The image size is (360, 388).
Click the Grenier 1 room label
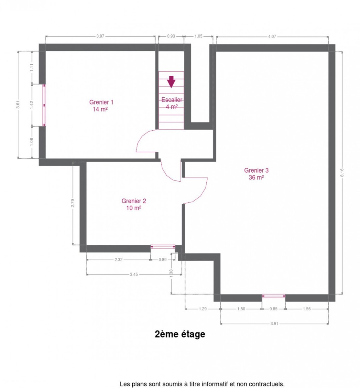101,105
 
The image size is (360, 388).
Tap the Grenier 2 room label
134,204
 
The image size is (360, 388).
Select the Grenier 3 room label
256,174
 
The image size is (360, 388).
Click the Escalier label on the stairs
172,100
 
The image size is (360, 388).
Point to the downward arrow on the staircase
171,82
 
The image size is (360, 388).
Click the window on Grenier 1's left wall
44,105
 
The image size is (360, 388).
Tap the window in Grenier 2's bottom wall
163,247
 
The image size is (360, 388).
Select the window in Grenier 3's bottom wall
273,296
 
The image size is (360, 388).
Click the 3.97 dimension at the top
100,36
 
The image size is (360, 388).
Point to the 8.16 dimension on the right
342,173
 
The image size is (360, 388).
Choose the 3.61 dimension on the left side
18,104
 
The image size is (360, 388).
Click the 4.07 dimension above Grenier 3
272,37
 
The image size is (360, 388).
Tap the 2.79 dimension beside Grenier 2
73,203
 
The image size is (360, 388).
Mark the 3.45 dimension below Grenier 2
134,275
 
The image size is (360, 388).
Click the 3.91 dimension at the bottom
274,324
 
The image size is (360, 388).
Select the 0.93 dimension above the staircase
171,36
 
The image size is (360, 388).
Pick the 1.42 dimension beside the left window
32,105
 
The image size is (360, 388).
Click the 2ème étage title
180,334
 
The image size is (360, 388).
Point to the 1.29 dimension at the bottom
203,309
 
